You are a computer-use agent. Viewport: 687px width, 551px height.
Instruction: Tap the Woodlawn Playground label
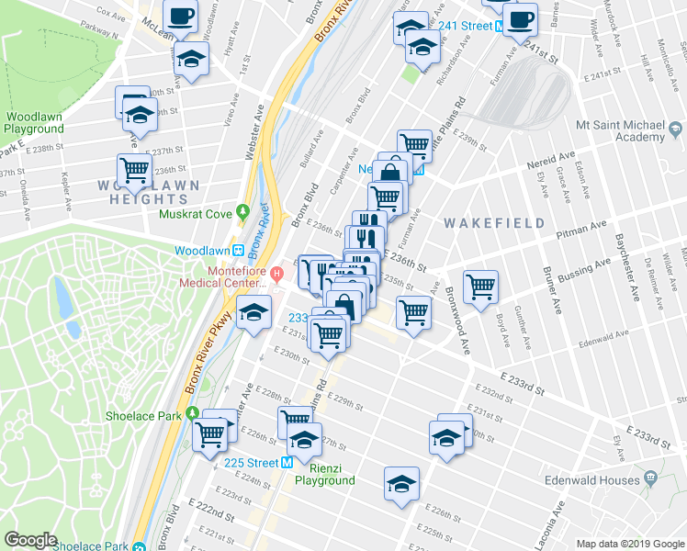point(34,123)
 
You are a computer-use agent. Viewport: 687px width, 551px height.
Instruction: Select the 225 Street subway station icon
point(287,463)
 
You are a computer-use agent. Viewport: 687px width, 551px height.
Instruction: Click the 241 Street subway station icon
point(499,26)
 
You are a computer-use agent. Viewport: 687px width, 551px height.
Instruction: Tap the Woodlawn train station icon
point(237,251)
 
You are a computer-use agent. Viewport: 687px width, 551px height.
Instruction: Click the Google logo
point(31,539)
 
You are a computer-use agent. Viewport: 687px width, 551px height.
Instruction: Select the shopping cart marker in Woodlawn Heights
point(134,169)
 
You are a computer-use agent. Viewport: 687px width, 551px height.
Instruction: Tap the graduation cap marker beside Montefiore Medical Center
point(253,311)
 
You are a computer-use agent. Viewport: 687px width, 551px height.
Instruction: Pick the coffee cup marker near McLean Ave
point(181,16)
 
